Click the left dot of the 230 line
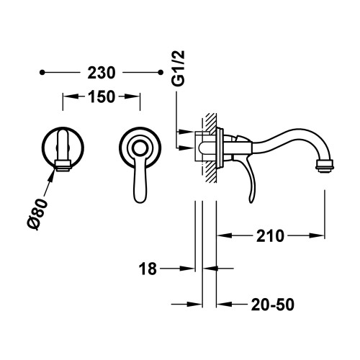[43, 73]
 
